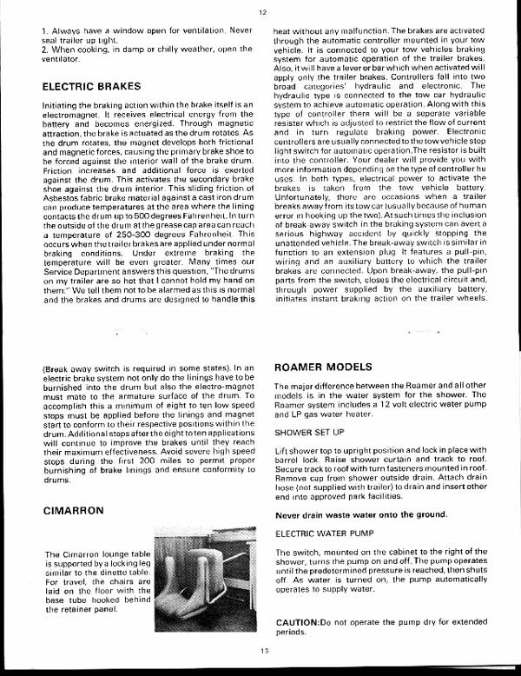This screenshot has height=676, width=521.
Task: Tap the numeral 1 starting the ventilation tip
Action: pos(43,31)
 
